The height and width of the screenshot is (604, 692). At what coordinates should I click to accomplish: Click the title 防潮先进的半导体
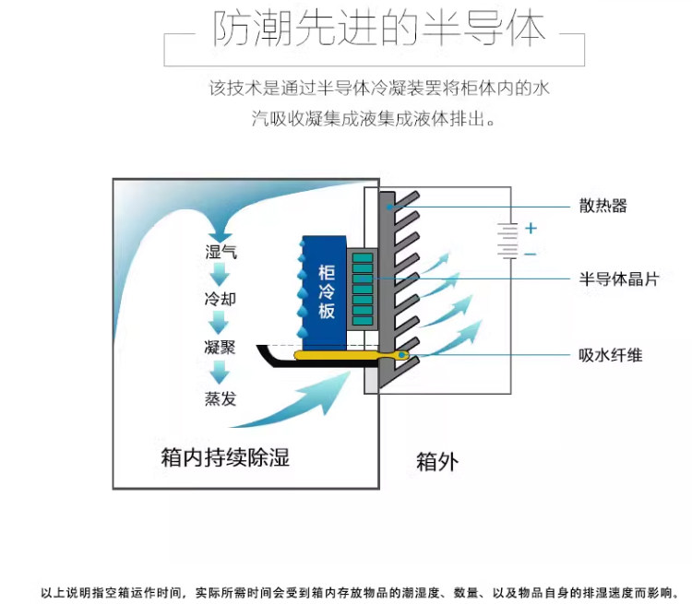(379, 31)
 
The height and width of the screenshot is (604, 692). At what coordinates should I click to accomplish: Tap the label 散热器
(603, 206)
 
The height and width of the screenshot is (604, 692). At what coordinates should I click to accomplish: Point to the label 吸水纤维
(610, 355)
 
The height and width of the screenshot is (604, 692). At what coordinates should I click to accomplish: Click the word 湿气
(221, 252)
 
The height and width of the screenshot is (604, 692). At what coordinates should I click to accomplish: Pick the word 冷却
(220, 300)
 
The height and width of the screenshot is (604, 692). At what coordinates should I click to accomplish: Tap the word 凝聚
(220, 349)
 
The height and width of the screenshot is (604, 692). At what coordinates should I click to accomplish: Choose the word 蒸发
(220, 398)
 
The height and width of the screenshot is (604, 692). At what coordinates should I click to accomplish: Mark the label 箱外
(436, 461)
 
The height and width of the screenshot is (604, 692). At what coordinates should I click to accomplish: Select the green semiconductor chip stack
(363, 288)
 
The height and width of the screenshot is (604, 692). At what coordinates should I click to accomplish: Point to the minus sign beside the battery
(530, 253)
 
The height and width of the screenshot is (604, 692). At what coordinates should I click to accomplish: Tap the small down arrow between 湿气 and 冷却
(220, 275)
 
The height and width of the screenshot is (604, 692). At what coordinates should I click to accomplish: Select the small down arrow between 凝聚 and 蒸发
(220, 373)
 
